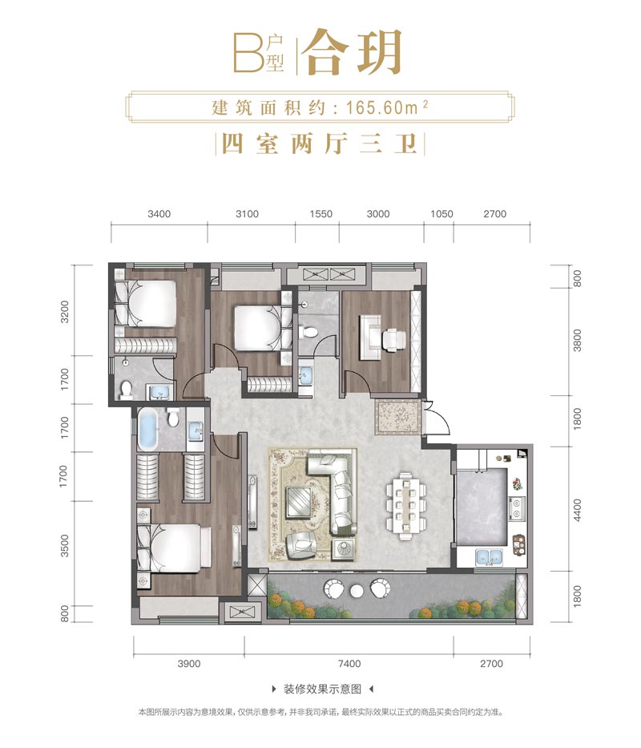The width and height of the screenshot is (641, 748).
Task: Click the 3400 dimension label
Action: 159,214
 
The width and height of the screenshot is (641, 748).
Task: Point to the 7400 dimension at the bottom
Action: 349,664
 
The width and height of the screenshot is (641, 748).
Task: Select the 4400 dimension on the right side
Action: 577,509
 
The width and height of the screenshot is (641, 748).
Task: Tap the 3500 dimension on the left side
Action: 64,545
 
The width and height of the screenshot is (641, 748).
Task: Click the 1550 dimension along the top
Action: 321,214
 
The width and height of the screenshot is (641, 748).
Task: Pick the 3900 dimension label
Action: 189,664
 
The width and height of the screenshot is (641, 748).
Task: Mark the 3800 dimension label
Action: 577,341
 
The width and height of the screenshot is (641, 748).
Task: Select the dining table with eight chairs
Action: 405,506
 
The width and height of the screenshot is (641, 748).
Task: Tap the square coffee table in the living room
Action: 300,501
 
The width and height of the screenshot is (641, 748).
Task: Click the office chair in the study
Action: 394,338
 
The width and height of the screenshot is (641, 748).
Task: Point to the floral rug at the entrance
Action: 397,417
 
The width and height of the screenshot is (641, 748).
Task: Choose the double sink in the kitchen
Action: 489,556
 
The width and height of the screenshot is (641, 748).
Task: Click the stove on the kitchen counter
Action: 517,507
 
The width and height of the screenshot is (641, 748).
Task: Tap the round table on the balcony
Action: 357,591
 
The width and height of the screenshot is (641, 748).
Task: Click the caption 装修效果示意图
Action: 322,689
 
